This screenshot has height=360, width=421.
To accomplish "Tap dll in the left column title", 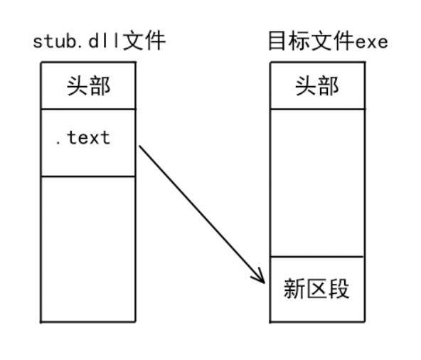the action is [104, 41].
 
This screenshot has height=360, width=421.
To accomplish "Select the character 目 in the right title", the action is [277, 41].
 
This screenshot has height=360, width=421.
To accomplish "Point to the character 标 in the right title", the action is [299, 41].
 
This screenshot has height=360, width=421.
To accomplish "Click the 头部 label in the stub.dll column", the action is [88, 85].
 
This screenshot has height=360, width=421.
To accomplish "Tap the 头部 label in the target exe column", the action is [317, 85].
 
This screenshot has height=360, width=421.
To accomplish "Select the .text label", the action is [83, 137].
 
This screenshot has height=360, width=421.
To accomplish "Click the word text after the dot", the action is [89, 137].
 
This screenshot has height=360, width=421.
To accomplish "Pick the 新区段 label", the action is [316, 289].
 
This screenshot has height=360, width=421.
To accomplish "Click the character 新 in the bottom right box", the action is [294, 289].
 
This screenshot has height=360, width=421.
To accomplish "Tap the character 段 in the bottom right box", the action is [339, 289].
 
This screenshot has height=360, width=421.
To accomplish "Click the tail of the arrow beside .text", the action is [139, 146].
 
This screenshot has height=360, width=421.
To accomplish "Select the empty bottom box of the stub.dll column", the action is [88, 249].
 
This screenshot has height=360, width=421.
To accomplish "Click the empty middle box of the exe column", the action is [317, 183].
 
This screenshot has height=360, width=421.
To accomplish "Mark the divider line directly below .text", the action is [88, 176].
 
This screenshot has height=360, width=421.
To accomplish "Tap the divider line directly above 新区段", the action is [317, 257].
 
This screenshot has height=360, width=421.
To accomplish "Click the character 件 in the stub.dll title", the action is [155, 41].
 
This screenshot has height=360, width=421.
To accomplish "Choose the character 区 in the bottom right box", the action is [317, 289].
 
